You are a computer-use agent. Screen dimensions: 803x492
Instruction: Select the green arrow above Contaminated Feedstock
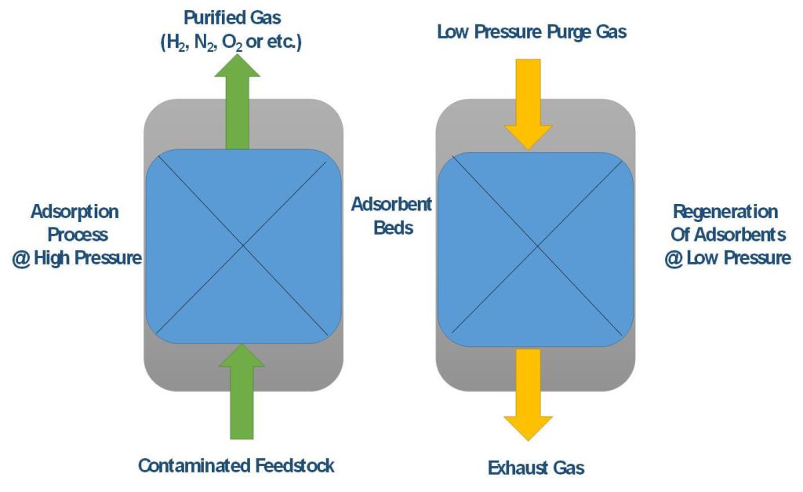242,392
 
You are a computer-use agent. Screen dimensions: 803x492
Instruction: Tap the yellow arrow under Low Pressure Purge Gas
528,104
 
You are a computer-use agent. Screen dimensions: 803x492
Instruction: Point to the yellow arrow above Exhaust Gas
528,395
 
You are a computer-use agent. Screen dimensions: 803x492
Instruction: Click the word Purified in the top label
207,18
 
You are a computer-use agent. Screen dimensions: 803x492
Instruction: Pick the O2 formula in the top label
232,42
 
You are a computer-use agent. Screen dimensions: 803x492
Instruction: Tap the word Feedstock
295,465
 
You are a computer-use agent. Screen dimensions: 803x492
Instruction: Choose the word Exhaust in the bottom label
516,468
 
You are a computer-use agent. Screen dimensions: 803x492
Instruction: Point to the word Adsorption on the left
74,212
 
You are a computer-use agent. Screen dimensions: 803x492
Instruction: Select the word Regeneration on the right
725,211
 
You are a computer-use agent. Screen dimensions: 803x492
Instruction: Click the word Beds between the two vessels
394,228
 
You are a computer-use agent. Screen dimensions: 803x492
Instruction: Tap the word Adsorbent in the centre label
391,205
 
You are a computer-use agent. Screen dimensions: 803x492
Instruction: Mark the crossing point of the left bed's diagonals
243,246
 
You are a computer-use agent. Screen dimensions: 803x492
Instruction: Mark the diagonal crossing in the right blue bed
537,247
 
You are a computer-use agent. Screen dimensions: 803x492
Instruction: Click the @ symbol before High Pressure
21,258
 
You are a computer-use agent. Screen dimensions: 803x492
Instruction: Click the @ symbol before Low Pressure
674,258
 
